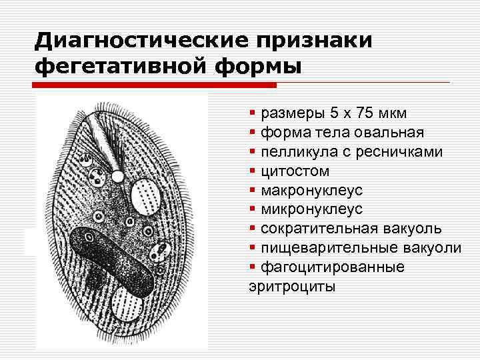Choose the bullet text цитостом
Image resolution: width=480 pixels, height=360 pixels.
[x=295, y=171]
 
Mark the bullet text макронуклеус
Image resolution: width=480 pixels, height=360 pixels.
[x=311, y=191]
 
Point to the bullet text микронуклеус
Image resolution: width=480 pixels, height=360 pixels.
[x=311, y=210]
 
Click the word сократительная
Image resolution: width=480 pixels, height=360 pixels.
[x=316, y=229]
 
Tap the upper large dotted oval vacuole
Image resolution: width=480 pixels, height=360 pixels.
[x=146, y=196]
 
